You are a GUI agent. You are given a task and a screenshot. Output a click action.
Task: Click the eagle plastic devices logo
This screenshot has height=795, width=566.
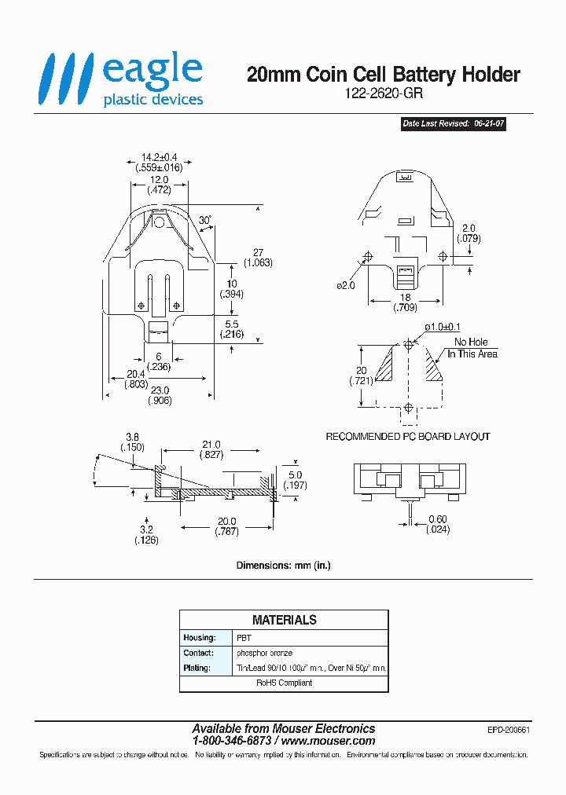point(123,79)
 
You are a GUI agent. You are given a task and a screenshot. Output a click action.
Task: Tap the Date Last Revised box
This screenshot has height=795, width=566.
point(454,124)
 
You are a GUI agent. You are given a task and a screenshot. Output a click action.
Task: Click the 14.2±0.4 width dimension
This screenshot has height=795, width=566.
point(155,156)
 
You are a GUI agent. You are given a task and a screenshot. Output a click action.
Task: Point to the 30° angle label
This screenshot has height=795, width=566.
point(205,221)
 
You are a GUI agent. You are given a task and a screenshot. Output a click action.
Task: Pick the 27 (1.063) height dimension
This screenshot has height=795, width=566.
point(258,258)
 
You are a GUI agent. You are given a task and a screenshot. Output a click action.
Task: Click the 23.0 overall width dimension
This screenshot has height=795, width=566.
point(160,390)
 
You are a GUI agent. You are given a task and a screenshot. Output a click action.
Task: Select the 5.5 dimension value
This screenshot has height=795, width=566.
point(231,324)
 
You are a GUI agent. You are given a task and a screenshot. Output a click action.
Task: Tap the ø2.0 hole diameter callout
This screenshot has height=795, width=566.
point(346,285)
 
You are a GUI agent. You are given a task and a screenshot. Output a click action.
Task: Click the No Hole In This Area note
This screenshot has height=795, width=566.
point(472,348)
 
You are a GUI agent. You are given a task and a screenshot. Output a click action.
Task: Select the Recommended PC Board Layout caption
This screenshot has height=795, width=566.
point(407,437)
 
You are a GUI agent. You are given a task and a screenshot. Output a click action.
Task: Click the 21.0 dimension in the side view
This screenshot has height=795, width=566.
point(211,445)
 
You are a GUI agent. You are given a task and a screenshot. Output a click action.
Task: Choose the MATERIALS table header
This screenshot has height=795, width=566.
point(284,620)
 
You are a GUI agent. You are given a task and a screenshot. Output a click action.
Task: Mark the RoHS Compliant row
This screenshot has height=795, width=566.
point(284,683)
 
